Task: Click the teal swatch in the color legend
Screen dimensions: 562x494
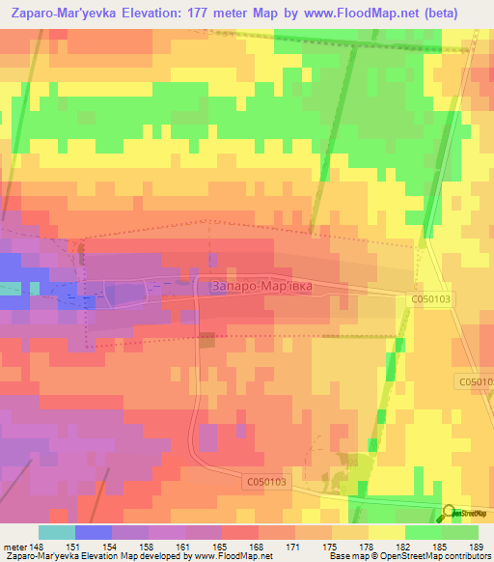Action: (x=56, y=532)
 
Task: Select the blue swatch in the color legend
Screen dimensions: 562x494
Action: (x=93, y=532)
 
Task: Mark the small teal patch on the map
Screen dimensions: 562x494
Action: (x=35, y=288)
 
